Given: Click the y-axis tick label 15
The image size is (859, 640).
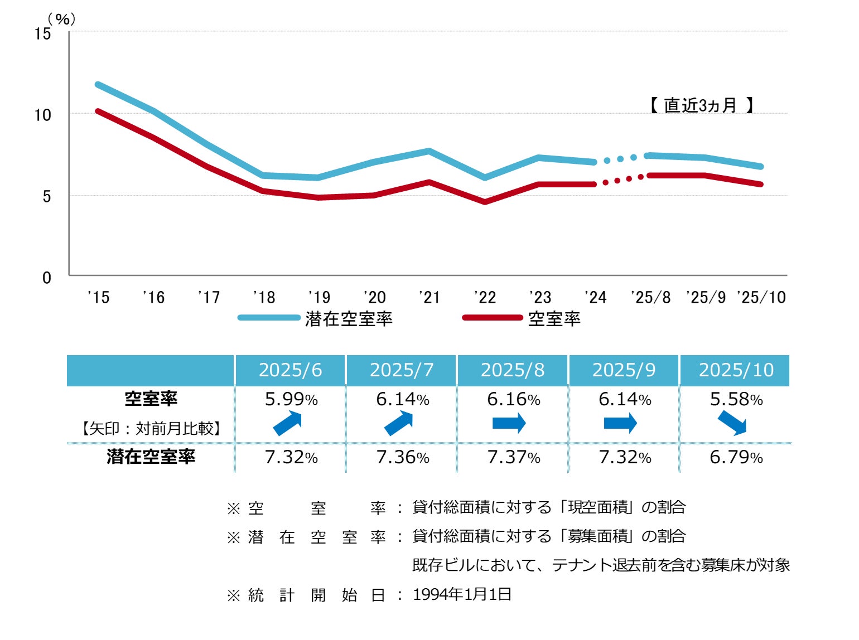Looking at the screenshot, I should (42, 33).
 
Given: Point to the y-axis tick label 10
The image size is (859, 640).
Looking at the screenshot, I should (42, 115).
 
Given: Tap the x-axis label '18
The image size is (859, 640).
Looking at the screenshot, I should (264, 297).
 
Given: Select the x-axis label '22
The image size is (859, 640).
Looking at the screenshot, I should (485, 297).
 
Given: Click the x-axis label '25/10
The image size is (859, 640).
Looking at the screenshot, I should (761, 297).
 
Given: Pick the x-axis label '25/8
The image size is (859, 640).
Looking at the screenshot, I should (650, 297).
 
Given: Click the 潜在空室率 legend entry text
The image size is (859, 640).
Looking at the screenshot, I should (349, 319).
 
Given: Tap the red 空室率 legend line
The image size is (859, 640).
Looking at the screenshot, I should (492, 318).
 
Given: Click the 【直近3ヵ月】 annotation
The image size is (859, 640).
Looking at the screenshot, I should (701, 105).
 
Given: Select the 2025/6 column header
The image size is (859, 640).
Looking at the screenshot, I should (290, 370).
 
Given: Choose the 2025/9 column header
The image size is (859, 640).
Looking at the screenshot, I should (624, 370).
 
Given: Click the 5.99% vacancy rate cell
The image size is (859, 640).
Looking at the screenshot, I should (291, 399).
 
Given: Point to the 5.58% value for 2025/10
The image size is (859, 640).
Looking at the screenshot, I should (736, 399).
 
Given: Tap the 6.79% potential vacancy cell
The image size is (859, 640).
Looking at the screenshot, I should (736, 457).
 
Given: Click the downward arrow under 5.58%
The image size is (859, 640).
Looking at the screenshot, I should (732, 423).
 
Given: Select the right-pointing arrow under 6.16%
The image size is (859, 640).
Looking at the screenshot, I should (509, 423).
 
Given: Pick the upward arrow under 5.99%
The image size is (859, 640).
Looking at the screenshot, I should (288, 423).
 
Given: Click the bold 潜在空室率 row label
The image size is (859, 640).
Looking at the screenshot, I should (151, 457).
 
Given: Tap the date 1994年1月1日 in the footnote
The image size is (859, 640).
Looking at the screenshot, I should (462, 594).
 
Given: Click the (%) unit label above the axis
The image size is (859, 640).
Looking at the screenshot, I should (61, 19).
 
